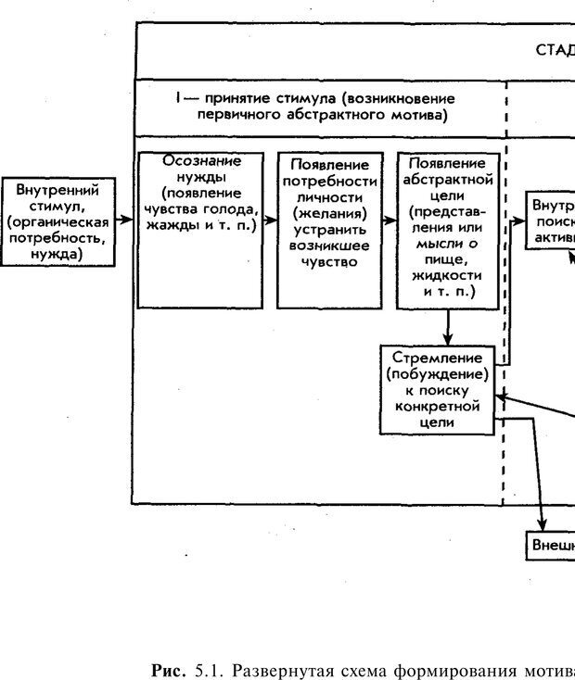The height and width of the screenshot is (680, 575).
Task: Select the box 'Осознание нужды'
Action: click(200, 229)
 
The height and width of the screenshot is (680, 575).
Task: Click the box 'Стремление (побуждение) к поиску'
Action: click(435, 388)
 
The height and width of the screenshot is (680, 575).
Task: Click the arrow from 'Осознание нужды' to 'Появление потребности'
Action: click(270, 221)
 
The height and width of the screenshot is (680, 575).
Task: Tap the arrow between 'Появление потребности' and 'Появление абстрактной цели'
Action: click(389, 221)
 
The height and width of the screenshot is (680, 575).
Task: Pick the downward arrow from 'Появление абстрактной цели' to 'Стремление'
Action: click(449, 326)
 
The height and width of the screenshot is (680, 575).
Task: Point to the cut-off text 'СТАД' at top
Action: click(554, 50)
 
